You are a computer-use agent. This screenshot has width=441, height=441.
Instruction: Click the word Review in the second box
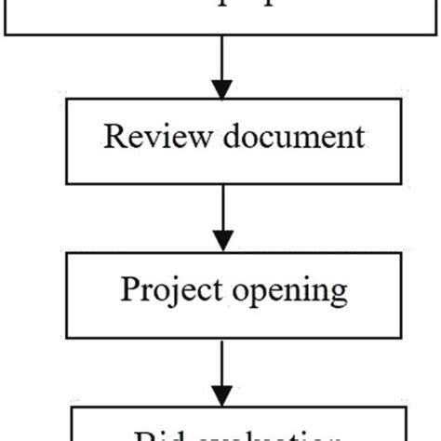[x=148, y=138]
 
